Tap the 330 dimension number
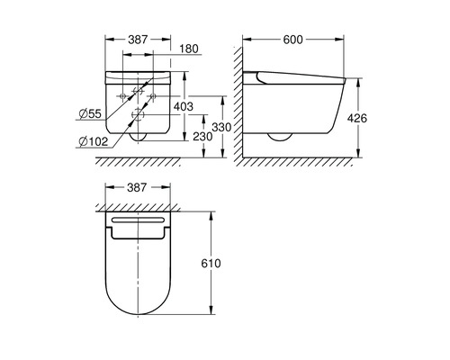[229, 128]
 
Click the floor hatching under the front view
[144, 163]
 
